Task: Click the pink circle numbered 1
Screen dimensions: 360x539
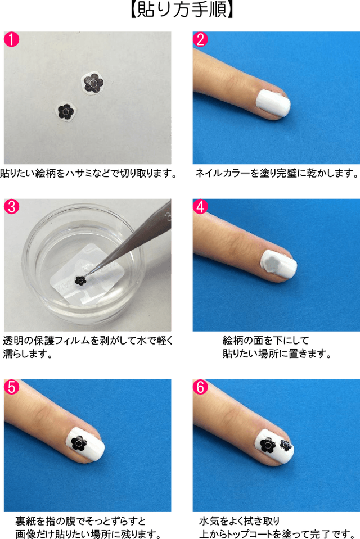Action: click(11, 39)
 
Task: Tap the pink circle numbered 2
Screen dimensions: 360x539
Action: click(200, 39)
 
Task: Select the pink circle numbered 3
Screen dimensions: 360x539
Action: click(11, 207)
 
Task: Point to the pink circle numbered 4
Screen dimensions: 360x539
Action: click(200, 207)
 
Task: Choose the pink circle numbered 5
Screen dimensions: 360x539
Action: click(11, 387)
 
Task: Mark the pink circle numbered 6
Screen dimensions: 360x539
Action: click(200, 387)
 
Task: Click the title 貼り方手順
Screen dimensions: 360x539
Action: click(182, 10)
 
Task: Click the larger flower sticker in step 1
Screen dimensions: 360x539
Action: click(93, 83)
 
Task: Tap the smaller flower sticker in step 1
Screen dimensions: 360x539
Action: click(66, 111)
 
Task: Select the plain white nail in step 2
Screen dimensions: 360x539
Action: click(273, 104)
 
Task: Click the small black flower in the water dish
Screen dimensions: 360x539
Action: click(80, 280)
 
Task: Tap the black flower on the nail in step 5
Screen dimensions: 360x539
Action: click(79, 443)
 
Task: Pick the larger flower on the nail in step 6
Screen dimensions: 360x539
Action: click(268, 446)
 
